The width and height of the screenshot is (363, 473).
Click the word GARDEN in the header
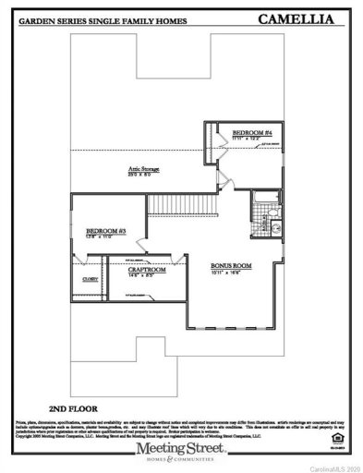[41, 18]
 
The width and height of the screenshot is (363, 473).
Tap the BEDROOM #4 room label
[251, 133]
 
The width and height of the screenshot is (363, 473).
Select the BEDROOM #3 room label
[105, 231]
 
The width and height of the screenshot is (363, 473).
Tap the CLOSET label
[91, 278]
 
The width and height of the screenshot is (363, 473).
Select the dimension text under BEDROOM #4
[250, 139]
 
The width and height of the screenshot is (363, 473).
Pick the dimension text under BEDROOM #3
[104, 237]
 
